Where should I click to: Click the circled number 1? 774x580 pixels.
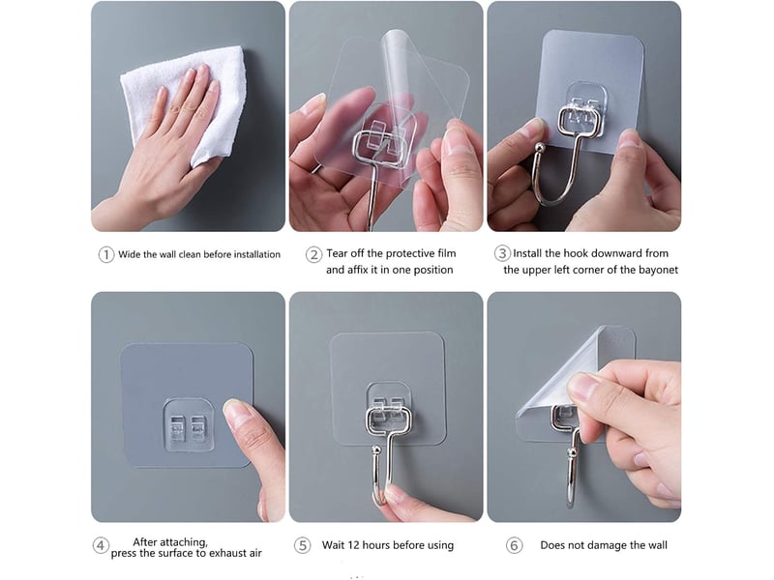(x=106, y=254)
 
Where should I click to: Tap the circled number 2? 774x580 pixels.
(x=313, y=254)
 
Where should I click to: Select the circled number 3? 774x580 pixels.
(x=502, y=253)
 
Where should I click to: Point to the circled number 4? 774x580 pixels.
(x=101, y=545)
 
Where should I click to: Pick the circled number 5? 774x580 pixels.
(x=302, y=545)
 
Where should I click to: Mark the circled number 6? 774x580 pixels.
(x=514, y=545)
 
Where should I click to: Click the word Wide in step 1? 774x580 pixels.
(x=130, y=254)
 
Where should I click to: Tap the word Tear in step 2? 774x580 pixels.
(x=337, y=253)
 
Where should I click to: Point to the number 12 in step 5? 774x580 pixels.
(x=353, y=545)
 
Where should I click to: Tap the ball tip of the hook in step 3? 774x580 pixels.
(x=541, y=147)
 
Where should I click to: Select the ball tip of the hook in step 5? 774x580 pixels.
(x=376, y=449)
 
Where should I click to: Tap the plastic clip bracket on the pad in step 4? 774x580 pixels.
(x=188, y=425)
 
